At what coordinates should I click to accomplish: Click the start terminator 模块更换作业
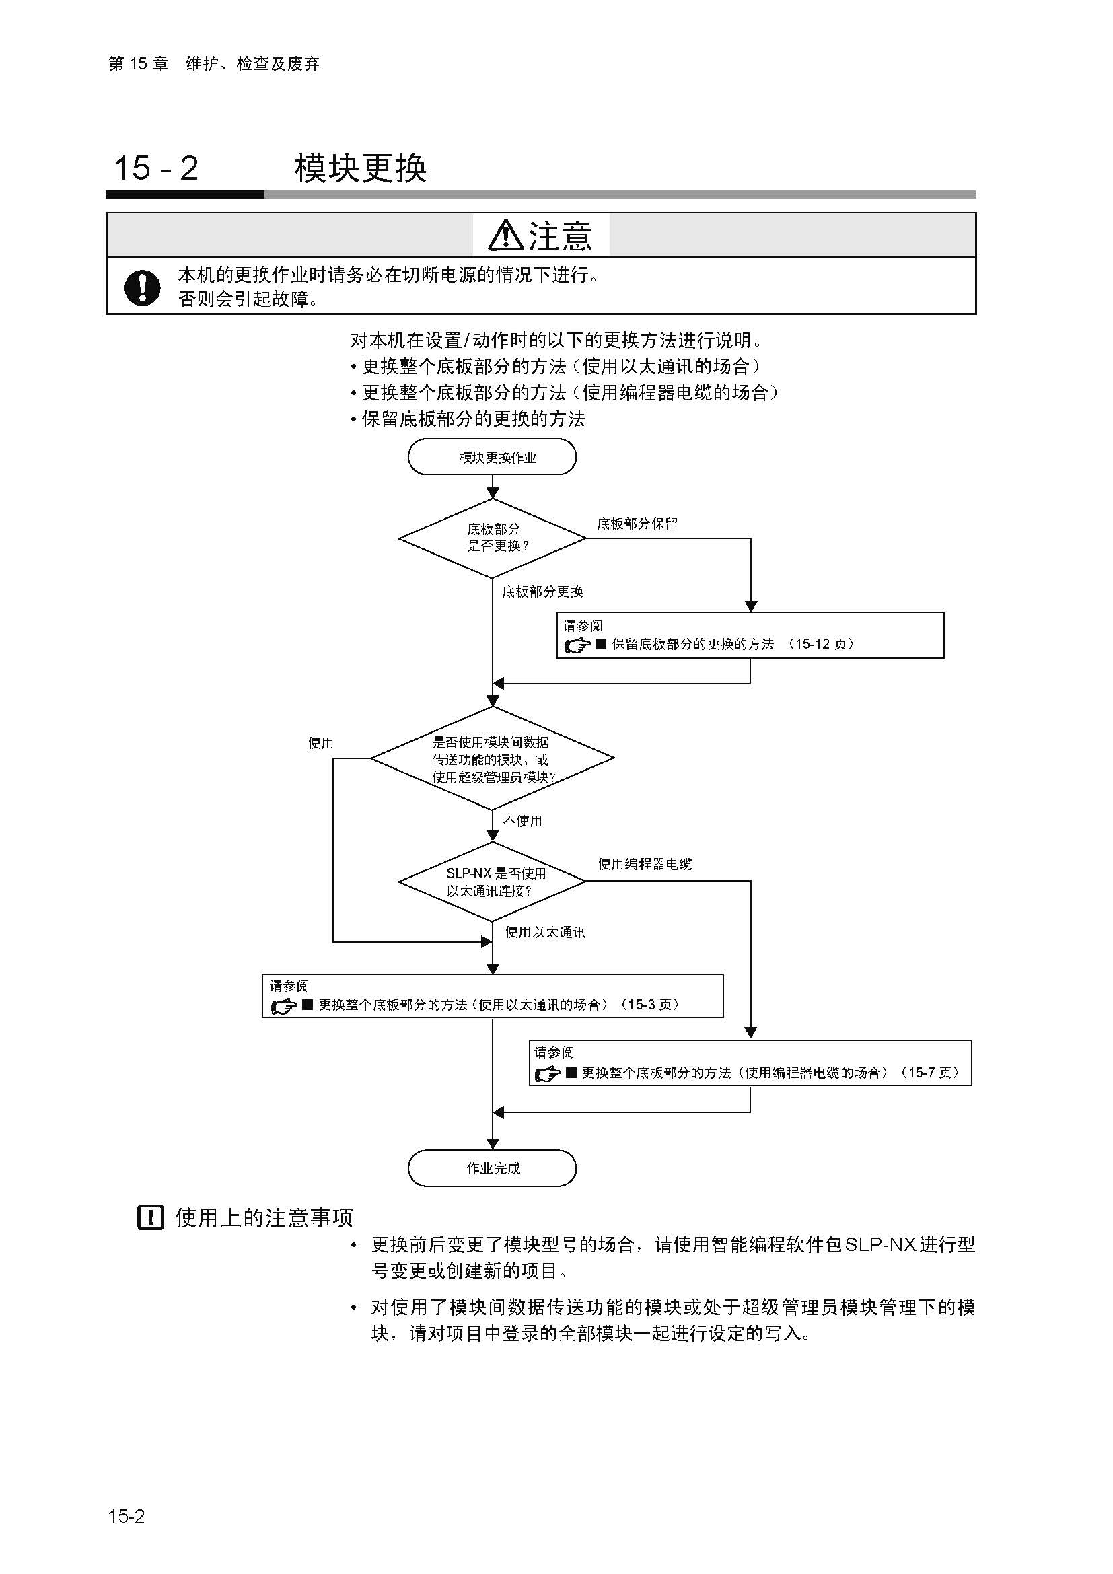[x=491, y=457]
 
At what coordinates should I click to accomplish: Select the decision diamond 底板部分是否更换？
[x=492, y=538]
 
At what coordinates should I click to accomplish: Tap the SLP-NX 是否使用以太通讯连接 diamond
[x=492, y=882]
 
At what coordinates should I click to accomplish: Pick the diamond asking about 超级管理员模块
[x=492, y=759]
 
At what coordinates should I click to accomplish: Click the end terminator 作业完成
[x=491, y=1168]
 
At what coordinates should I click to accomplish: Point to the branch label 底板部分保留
[x=637, y=524]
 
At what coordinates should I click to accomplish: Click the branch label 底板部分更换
[x=542, y=592]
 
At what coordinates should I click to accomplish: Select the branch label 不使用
[x=522, y=820]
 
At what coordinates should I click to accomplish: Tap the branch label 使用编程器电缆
[x=645, y=864]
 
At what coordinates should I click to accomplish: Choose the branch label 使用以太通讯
[x=545, y=932]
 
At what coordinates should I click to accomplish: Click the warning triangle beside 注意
[x=506, y=235]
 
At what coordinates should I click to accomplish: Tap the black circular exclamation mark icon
[x=143, y=287]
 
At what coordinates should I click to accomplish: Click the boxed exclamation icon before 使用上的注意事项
[x=151, y=1217]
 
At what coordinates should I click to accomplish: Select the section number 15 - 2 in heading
[x=156, y=168]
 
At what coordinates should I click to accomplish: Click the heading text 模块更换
[x=361, y=168]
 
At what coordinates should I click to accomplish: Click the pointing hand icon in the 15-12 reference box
[x=577, y=645]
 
